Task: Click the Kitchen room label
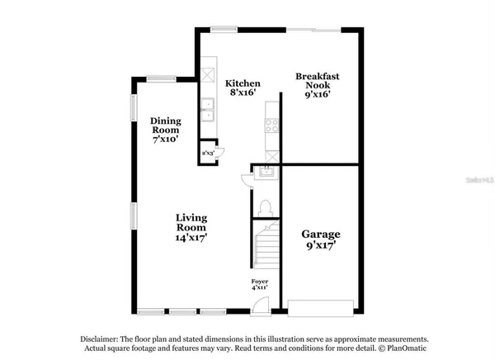tap(243, 88)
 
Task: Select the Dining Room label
tap(165, 130)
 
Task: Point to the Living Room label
tap(191, 227)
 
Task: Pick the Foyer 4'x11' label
tap(261, 285)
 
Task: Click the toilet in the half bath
tap(266, 206)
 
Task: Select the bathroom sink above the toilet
tap(266, 173)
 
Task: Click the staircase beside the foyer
tap(266, 248)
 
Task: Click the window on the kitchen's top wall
tap(223, 30)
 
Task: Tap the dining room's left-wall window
tap(133, 107)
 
